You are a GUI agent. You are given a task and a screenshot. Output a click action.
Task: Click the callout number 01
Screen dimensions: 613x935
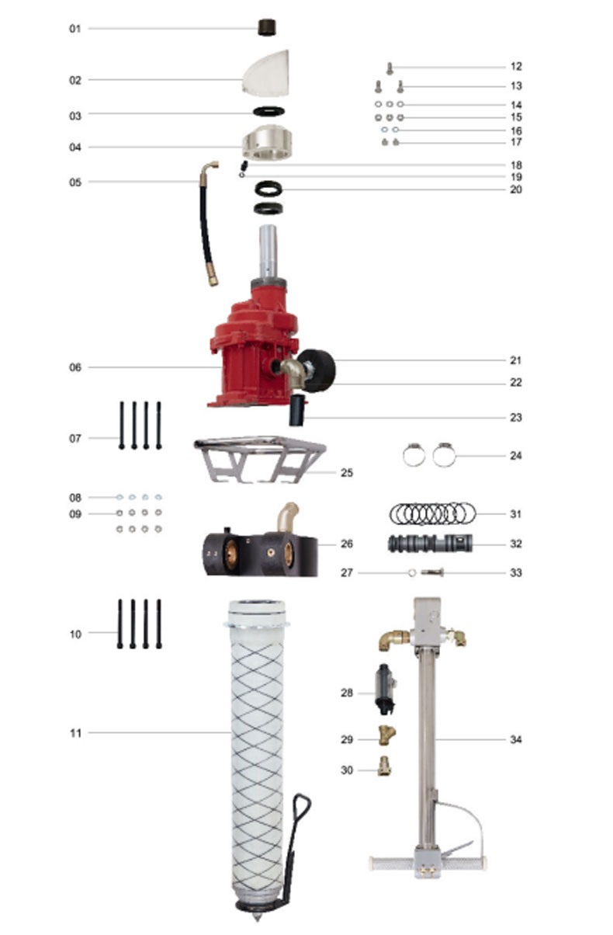pos(74,29)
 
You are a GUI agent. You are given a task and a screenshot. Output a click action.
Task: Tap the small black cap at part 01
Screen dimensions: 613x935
pos(267,27)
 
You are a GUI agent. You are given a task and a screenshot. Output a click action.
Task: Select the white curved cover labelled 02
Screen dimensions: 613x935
pos(267,74)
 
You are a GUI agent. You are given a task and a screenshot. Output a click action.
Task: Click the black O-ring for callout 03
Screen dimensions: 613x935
pos(269,112)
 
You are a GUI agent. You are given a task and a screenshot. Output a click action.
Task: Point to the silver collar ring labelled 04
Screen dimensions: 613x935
pos(267,143)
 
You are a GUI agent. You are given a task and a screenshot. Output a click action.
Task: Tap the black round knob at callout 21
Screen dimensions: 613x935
pos(319,370)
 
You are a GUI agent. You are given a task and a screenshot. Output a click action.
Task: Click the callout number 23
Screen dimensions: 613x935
pos(516,418)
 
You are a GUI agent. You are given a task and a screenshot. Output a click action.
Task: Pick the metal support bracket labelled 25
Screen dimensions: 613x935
pos(259,459)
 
